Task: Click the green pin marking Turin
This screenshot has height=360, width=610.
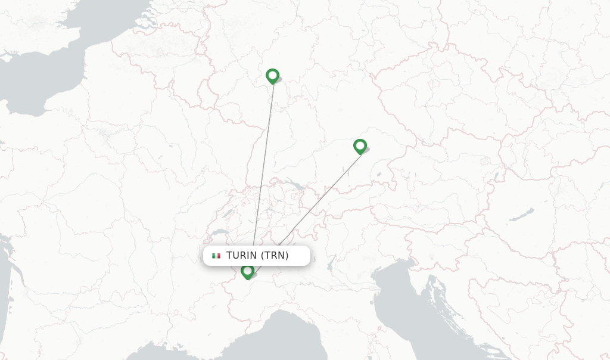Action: click(247, 271)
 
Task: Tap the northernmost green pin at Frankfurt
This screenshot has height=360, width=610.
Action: click(272, 76)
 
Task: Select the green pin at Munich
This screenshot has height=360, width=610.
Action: click(360, 146)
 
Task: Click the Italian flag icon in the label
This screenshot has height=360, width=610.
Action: click(216, 256)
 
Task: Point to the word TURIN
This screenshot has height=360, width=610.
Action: click(242, 256)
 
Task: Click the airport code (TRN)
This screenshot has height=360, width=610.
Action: click(275, 256)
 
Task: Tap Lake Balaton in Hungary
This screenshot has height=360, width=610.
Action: click(521, 215)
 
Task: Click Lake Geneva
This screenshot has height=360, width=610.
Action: click(220, 232)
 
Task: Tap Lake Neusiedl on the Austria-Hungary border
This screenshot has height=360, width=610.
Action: click(496, 177)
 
